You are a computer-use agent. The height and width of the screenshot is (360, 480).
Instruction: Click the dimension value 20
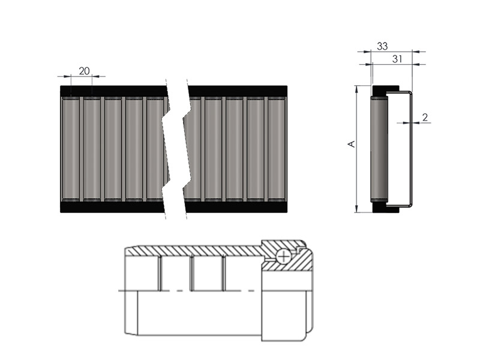pyautogui.click(x=84, y=71)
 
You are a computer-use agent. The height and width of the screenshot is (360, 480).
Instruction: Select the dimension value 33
pyautogui.click(x=382, y=46)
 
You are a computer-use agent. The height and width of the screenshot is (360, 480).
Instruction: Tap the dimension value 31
pyautogui.click(x=397, y=59)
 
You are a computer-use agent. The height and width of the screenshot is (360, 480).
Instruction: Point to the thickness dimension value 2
pyautogui.click(x=425, y=117)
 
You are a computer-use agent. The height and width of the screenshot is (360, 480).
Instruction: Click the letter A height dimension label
pyautogui.click(x=352, y=144)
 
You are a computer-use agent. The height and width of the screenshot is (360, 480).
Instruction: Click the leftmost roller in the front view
pyautogui.click(x=71, y=149)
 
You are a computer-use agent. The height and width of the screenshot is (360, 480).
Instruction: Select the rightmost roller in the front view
pyautogui.click(x=277, y=149)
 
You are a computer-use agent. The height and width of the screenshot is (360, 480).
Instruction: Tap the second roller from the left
pyautogui.click(x=92, y=149)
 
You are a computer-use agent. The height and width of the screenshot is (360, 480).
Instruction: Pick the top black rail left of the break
pyautogui.click(x=114, y=91)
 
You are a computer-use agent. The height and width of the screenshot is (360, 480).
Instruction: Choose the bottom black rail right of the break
pyautogui.click(x=236, y=207)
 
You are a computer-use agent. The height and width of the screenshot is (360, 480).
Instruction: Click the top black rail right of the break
pyautogui.click(x=238, y=91)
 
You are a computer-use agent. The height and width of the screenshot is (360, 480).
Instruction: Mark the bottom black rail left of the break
pyautogui.click(x=113, y=207)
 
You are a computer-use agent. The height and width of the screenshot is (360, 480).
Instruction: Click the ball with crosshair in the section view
pyautogui.click(x=283, y=256)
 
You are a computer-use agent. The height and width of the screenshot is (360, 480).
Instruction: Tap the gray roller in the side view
pyautogui.click(x=379, y=149)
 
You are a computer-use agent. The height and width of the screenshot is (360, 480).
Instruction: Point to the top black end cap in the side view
pyautogui.click(x=386, y=91)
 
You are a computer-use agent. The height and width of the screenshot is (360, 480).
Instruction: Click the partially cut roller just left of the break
pyautogui.click(x=156, y=149)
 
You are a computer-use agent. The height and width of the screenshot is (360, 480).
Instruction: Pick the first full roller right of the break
pyautogui.click(x=214, y=149)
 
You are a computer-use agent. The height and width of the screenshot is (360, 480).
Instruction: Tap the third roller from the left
pyautogui.click(x=113, y=149)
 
